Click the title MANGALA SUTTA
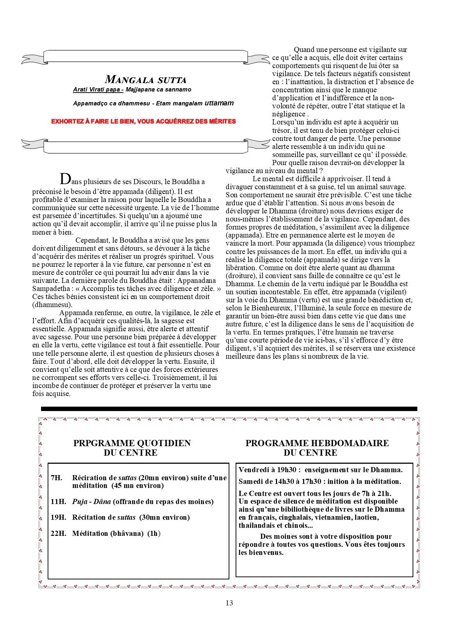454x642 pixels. (x=145, y=79)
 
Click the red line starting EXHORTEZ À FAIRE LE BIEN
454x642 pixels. (x=143, y=121)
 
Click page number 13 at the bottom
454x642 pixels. (x=229, y=603)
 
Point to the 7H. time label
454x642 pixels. (x=56, y=478)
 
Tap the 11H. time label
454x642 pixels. (x=58, y=501)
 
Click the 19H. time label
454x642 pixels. (x=58, y=517)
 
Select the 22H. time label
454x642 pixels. (x=58, y=533)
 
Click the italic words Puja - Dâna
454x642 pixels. (x=91, y=501)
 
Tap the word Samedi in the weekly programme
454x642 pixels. (x=251, y=481)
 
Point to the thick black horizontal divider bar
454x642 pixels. (x=229, y=408)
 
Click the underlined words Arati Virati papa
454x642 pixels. (x=98, y=90)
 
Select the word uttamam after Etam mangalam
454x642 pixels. (x=219, y=103)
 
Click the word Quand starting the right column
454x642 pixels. (x=305, y=50)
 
